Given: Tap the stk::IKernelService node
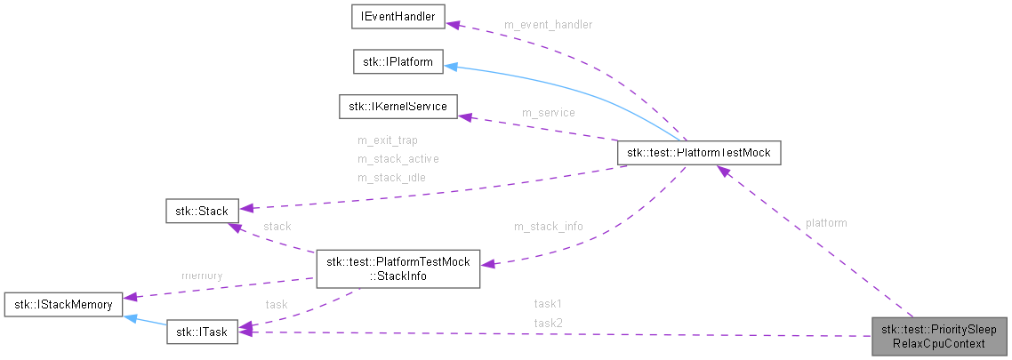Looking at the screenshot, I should click(398, 107).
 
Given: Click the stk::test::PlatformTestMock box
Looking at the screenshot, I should click(699, 153).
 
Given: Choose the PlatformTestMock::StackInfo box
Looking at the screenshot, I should click(398, 268).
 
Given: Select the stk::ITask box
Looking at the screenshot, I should click(202, 332).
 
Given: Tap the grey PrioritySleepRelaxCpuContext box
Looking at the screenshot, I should click(939, 336).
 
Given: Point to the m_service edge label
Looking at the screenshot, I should click(548, 113).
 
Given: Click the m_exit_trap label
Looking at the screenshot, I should click(387, 140).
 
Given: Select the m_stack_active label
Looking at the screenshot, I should click(398, 159).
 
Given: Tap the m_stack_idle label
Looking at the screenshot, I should click(391, 177).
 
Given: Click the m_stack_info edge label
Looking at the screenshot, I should click(548, 227).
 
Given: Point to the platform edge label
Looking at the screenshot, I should click(825, 223).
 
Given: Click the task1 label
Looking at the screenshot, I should click(548, 303).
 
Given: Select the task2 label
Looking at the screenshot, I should click(548, 322).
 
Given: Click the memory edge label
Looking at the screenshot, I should click(201, 276).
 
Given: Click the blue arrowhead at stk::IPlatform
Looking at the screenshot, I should click(452, 66).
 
